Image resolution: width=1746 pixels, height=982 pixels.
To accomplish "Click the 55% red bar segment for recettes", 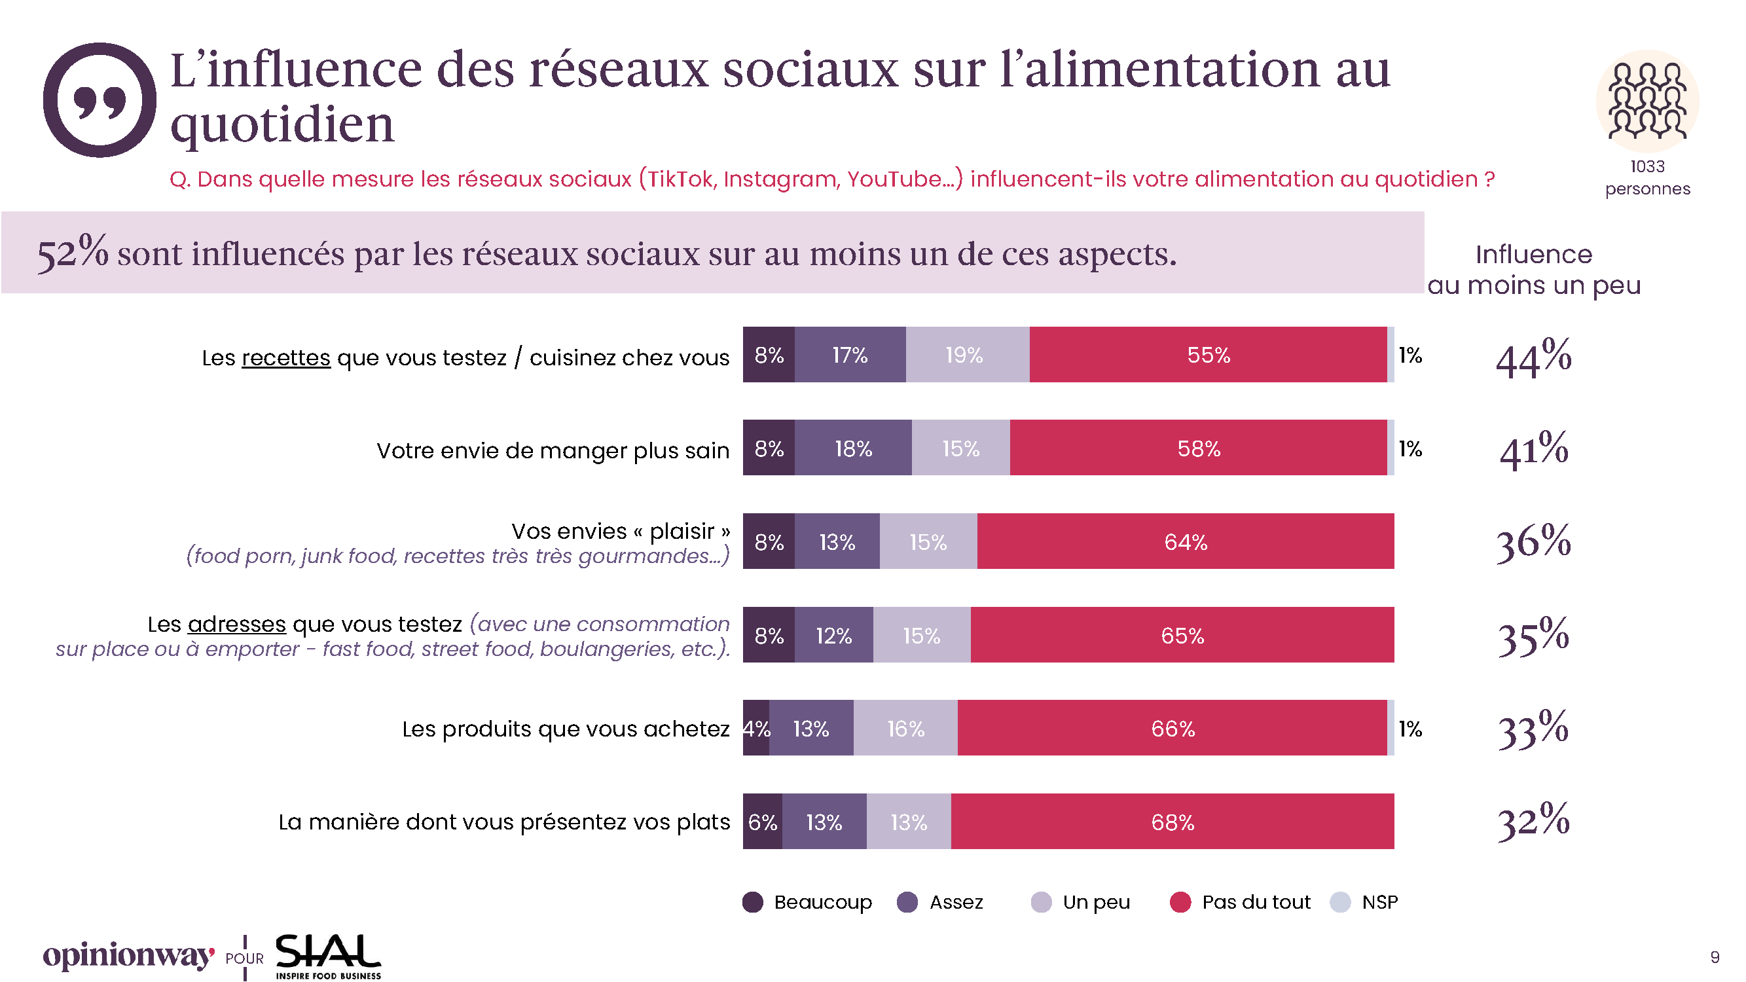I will (x=1208, y=355).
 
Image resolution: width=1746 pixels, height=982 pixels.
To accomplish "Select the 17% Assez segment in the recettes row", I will (x=850, y=355).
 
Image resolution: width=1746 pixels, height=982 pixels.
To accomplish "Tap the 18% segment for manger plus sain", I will (x=852, y=448).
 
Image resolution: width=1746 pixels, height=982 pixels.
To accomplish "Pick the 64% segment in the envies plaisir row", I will (x=1186, y=542).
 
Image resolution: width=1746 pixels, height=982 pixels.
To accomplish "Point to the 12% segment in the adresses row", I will (x=833, y=636).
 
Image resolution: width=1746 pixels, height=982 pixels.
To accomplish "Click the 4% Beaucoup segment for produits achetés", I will (x=756, y=729).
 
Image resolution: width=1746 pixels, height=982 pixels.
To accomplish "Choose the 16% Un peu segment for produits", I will (x=905, y=729).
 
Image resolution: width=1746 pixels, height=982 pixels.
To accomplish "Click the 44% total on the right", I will (x=1533, y=358).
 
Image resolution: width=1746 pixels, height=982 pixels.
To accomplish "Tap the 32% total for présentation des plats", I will (x=1533, y=822).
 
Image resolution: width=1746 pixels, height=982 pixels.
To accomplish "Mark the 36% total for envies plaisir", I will (x=1533, y=542).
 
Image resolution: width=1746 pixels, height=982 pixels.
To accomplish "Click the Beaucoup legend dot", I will (x=753, y=903).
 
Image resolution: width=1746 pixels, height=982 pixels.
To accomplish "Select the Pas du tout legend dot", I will (x=1181, y=903).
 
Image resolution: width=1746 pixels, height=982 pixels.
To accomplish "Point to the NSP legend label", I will (x=1380, y=903).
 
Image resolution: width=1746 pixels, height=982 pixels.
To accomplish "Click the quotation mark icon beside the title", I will (x=100, y=100).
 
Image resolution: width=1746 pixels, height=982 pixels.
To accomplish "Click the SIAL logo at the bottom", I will (x=328, y=956).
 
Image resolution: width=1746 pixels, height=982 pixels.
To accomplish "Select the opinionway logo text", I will (x=129, y=956).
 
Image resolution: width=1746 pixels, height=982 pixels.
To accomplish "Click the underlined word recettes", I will (x=286, y=358).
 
